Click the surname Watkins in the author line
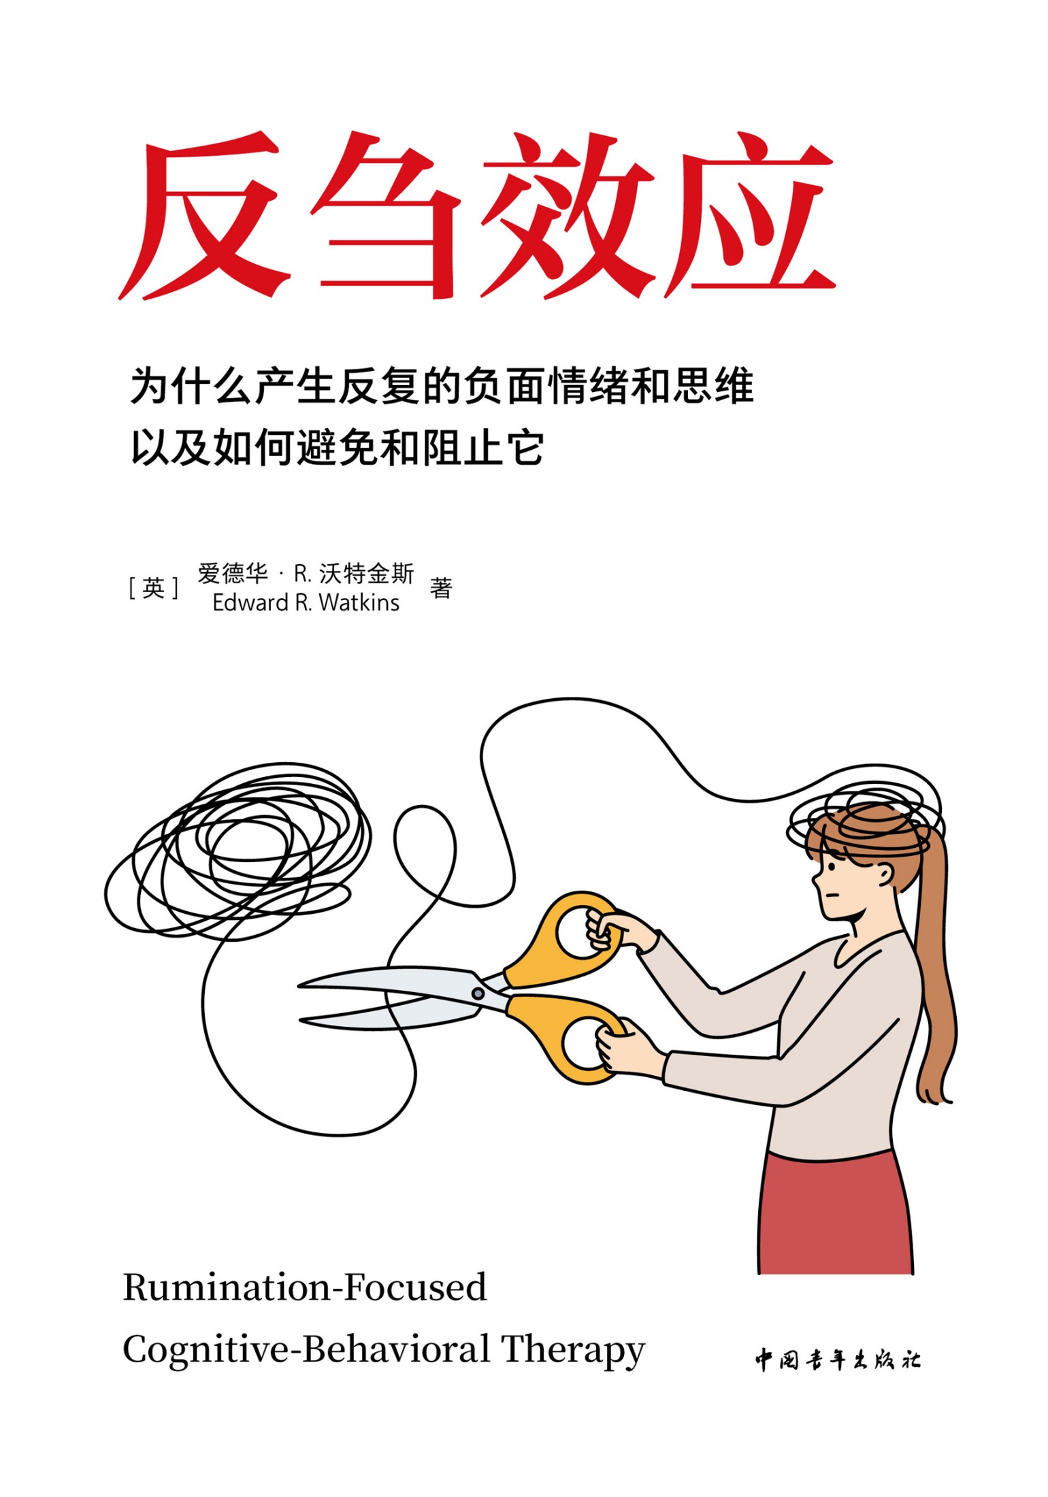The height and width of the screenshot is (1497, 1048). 359,603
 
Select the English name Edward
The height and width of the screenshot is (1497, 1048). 250,603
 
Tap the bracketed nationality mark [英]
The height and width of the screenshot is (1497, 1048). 154,588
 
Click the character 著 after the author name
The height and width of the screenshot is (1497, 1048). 441,588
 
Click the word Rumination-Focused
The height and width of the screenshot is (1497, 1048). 305,1288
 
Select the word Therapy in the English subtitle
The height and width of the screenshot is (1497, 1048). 573,1351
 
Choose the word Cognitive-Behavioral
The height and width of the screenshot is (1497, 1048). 306,1350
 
